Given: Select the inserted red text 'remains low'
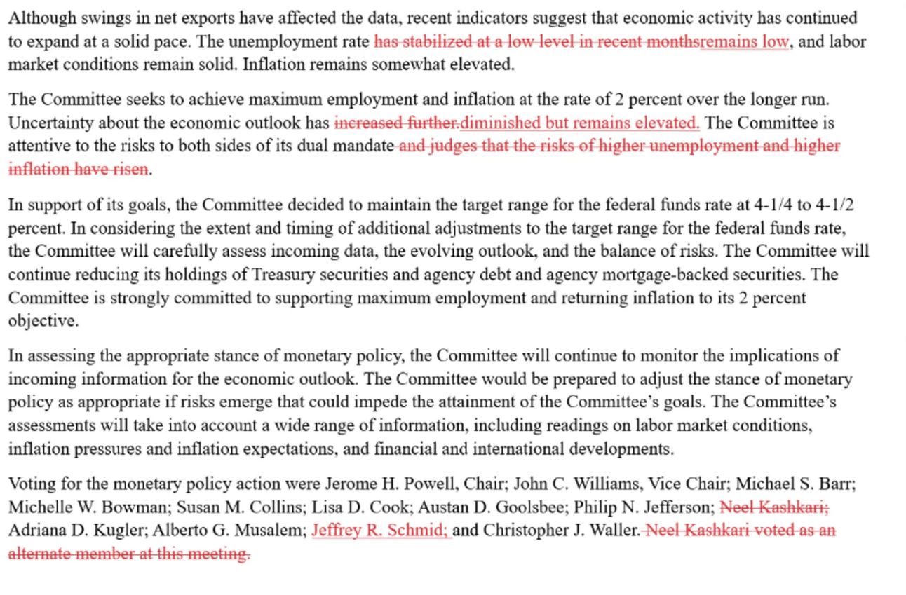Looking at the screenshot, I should pyautogui.click(x=744, y=41).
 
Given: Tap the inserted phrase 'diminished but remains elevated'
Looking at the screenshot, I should pyautogui.click(x=579, y=123).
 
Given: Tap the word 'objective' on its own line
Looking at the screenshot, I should pyautogui.click(x=42, y=321).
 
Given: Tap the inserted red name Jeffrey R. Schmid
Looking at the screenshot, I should pyautogui.click(x=379, y=531).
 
